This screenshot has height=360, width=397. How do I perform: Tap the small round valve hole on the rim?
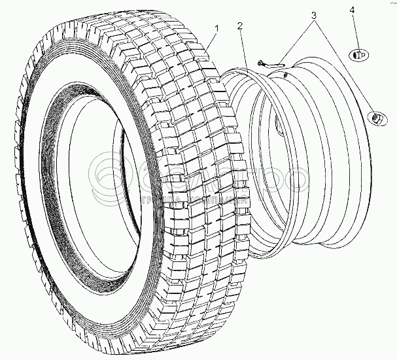pyautogui.click(x=286, y=76)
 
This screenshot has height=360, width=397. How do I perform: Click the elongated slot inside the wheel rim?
pyautogui.click(x=277, y=124)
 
